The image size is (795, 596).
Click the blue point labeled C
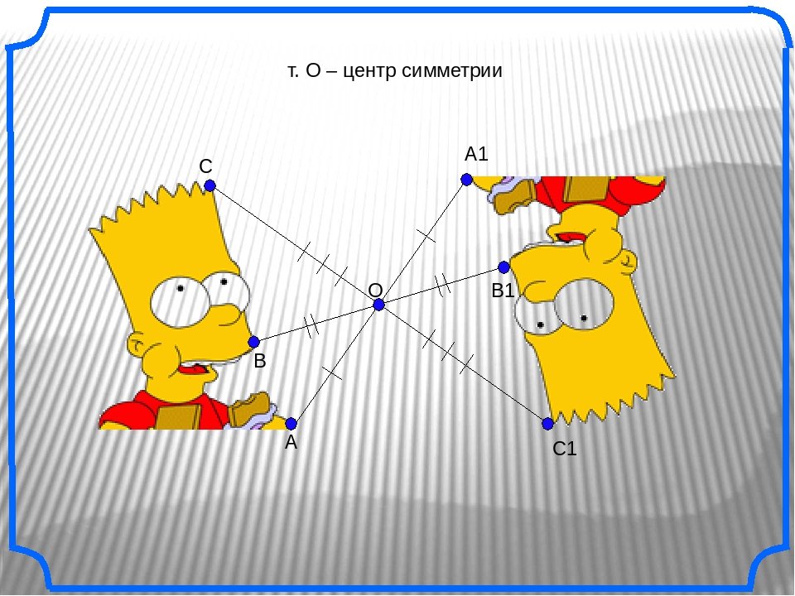210,185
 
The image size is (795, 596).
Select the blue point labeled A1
467,179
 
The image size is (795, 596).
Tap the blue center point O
379,305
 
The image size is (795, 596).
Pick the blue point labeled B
254,342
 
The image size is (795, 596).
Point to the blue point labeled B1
503,267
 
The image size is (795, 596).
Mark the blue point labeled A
291,423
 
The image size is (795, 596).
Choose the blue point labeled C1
547,424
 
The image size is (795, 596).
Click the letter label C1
565,449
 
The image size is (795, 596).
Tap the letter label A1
477,154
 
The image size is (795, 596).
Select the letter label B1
503,291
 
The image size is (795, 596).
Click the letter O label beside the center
375,291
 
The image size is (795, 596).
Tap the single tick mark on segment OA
331,373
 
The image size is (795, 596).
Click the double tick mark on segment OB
311,324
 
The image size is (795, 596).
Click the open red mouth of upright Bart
191,369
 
